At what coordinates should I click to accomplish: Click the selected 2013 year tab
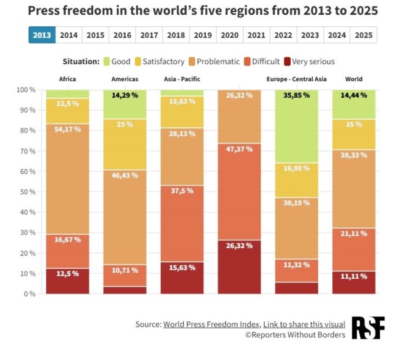point(42,35)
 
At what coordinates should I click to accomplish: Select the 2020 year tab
point(230,35)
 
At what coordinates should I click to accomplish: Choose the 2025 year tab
point(363,35)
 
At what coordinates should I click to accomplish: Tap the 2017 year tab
point(149,35)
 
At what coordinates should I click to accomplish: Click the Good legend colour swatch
point(106,61)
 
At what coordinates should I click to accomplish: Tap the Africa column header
point(67,79)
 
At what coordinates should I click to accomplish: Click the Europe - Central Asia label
point(296,79)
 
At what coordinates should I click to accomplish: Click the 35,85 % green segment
point(297,125)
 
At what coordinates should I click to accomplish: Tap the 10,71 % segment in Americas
point(125,276)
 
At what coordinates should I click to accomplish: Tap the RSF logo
point(368,328)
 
